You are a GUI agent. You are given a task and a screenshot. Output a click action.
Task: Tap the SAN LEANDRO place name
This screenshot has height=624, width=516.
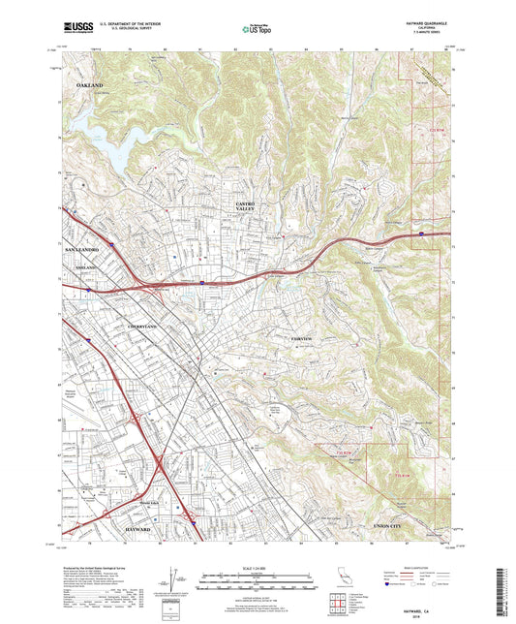[82, 250]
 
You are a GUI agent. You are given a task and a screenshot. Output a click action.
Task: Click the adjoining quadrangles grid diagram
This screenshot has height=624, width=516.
[340, 606]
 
